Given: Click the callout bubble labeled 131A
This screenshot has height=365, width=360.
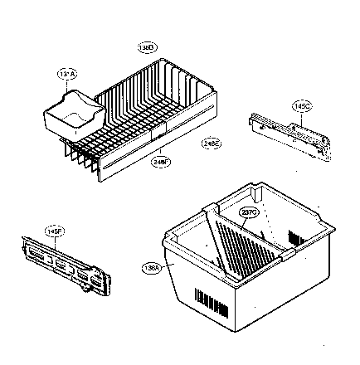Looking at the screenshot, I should tap(67, 75).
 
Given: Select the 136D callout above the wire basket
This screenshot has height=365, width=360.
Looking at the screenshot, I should tap(146, 49).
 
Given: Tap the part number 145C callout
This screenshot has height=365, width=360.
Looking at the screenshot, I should tap(300, 107).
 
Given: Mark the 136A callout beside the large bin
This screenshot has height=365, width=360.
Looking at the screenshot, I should tap(153, 267).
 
